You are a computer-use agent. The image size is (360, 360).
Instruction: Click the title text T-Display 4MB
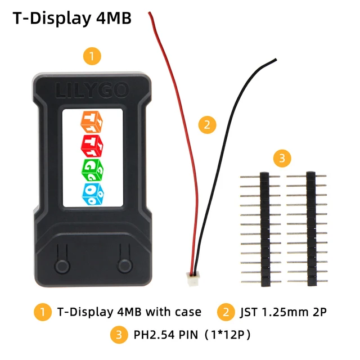click(71, 18)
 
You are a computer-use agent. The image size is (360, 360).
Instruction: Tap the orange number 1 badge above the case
click(92, 56)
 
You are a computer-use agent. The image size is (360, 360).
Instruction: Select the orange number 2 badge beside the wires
click(208, 125)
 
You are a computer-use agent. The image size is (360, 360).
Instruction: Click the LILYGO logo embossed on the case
click(92, 90)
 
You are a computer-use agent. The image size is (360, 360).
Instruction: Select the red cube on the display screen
click(92, 145)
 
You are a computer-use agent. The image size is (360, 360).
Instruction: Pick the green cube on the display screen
click(92, 168)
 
